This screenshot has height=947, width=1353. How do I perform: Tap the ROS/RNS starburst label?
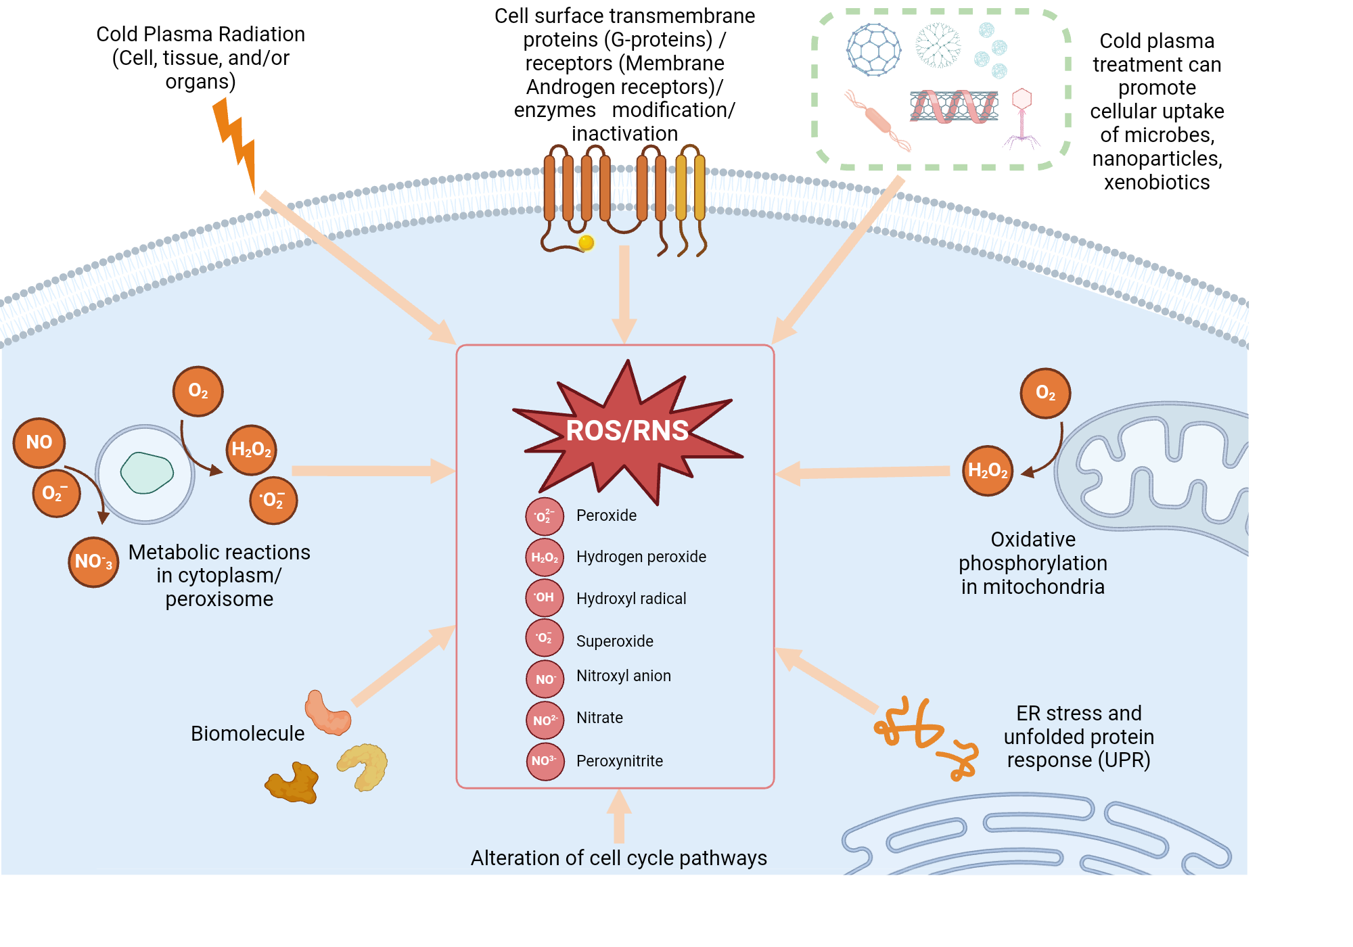(x=627, y=431)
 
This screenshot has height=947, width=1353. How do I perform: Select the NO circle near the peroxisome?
(x=39, y=442)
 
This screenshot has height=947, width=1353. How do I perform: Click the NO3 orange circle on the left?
(x=93, y=561)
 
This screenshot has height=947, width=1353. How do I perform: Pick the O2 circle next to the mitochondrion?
(x=1045, y=393)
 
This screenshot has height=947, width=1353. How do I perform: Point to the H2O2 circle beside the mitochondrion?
(x=988, y=471)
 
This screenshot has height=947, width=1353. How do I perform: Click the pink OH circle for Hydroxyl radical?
(x=545, y=598)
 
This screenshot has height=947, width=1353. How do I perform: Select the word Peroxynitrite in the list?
(x=619, y=761)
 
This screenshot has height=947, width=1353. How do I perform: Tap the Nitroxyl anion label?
(x=623, y=676)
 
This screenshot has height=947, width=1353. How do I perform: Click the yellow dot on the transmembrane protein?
(x=587, y=243)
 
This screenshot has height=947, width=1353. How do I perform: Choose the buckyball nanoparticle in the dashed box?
(x=873, y=49)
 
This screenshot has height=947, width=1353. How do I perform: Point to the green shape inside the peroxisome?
(x=147, y=472)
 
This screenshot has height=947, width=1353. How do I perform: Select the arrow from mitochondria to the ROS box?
(x=863, y=472)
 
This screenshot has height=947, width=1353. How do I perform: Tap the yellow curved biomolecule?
(x=363, y=766)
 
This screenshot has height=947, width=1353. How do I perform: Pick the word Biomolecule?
(x=248, y=733)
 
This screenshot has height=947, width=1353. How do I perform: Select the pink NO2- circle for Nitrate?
(x=545, y=720)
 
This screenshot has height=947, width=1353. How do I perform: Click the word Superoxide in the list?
(x=614, y=641)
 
